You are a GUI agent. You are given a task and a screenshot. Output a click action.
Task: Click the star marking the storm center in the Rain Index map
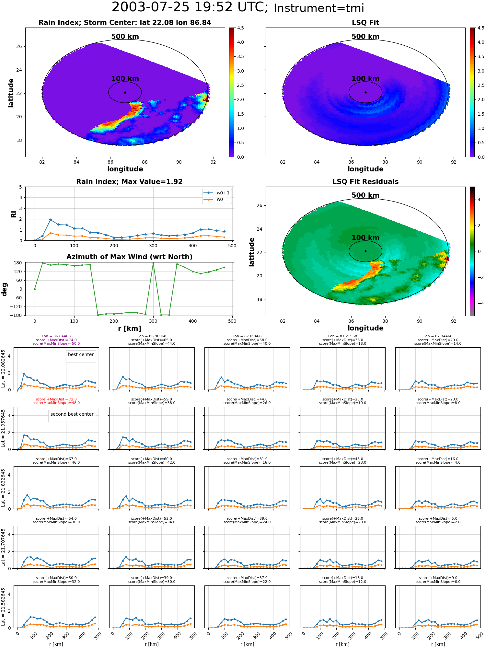tap(125, 92)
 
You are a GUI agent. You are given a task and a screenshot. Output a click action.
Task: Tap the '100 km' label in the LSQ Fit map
tap(365, 79)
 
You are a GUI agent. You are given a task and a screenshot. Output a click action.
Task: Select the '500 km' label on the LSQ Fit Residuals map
tap(365, 195)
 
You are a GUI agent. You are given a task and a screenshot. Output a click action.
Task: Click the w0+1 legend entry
tap(217, 193)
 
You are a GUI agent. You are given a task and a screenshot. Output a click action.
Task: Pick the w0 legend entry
tap(214, 199)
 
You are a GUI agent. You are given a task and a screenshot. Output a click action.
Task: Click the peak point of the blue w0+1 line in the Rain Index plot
tap(51, 220)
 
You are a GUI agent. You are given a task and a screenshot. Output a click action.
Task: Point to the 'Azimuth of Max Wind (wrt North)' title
tap(129, 257)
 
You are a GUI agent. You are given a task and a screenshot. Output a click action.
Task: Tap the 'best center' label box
tap(81, 354)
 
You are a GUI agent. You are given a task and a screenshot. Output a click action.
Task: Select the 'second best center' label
tap(72, 414)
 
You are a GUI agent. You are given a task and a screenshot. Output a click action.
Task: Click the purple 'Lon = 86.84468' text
tap(56, 336)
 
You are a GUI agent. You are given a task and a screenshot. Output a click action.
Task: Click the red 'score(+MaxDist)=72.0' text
tap(56, 399)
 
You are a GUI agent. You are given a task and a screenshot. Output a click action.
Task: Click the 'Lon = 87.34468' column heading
tap(438, 336)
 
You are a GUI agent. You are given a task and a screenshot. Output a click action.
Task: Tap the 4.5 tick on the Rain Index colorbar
tap(240, 28)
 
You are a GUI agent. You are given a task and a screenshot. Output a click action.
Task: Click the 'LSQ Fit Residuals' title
tap(365, 182)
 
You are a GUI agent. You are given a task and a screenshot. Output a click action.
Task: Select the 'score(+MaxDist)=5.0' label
tap(438, 518)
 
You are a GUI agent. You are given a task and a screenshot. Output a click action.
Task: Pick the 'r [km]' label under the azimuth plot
tap(129, 329)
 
